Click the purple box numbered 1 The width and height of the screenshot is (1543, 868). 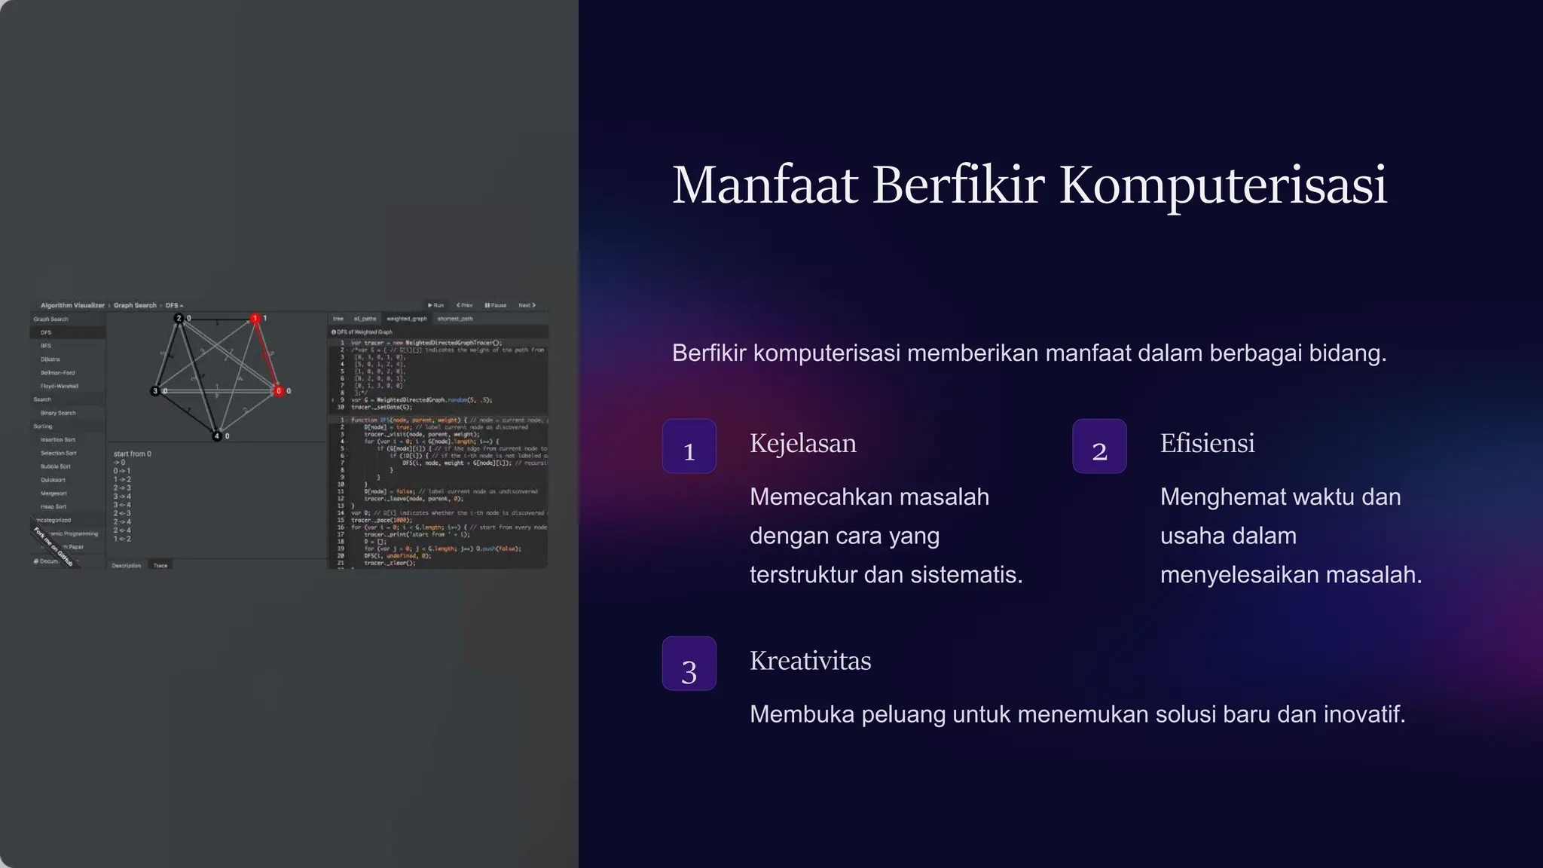pyautogui.click(x=689, y=446)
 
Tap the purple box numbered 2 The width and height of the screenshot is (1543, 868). pyautogui.click(x=1099, y=446)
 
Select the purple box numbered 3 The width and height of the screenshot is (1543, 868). pyautogui.click(x=689, y=663)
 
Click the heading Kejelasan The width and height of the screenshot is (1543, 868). pyautogui.click(x=803, y=443)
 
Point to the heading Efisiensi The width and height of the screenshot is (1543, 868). pyautogui.click(x=1207, y=443)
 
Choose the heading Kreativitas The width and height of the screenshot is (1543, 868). pyautogui.click(x=810, y=661)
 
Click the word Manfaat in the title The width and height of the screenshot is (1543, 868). pyautogui.click(x=765, y=185)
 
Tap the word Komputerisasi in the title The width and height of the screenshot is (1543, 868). pyautogui.click(x=1223, y=185)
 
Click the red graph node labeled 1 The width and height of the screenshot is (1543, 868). pyautogui.click(x=255, y=319)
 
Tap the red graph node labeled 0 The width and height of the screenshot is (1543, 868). pyautogui.click(x=279, y=391)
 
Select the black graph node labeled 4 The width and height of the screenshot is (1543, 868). pyautogui.click(x=217, y=436)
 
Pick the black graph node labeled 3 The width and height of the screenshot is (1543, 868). pyautogui.click(x=155, y=391)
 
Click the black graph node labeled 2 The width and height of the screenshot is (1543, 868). pyautogui.click(x=179, y=318)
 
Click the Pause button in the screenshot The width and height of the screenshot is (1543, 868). pyautogui.click(x=496, y=305)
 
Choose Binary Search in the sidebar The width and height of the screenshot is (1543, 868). pyautogui.click(x=58, y=413)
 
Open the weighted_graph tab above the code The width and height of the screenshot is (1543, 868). pyautogui.click(x=407, y=319)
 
